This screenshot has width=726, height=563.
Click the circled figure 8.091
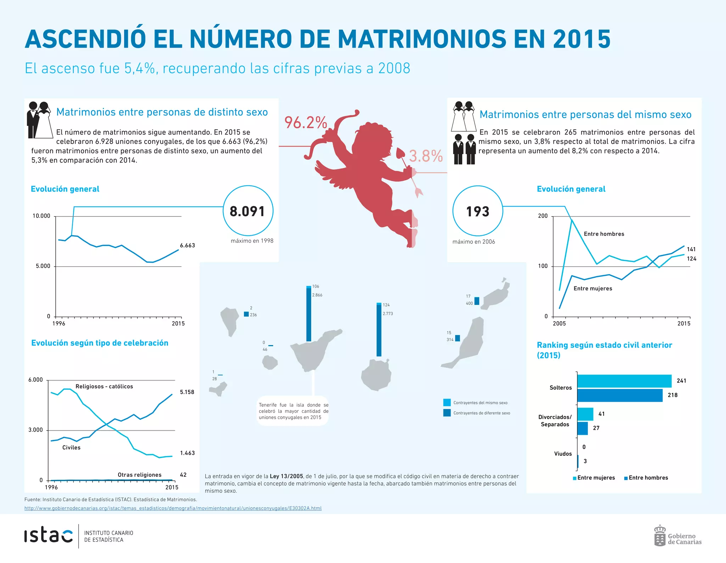click(247, 211)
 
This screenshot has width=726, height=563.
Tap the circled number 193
click(478, 212)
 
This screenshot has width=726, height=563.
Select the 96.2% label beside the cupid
click(306, 122)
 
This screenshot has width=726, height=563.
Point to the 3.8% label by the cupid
click(426, 156)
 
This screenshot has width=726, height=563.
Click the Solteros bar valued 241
click(624, 381)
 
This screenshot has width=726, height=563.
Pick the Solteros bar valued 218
click(620, 395)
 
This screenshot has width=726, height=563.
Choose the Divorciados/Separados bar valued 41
click(585, 414)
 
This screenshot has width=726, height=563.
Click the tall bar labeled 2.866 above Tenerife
click(309, 314)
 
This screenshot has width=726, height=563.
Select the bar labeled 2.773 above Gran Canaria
click(379, 330)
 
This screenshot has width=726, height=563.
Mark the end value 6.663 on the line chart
click(187, 245)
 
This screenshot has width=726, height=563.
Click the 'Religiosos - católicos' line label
click(104, 386)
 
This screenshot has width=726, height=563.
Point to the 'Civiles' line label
click(71, 447)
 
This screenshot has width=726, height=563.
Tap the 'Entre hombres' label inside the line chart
click(604, 234)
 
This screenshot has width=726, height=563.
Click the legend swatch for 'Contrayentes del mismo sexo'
click(447, 403)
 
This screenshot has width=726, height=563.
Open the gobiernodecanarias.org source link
click(173, 508)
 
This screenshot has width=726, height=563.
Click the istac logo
click(48, 536)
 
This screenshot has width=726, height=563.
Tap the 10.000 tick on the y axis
click(41, 216)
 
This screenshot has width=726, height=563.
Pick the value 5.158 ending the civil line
click(187, 392)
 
